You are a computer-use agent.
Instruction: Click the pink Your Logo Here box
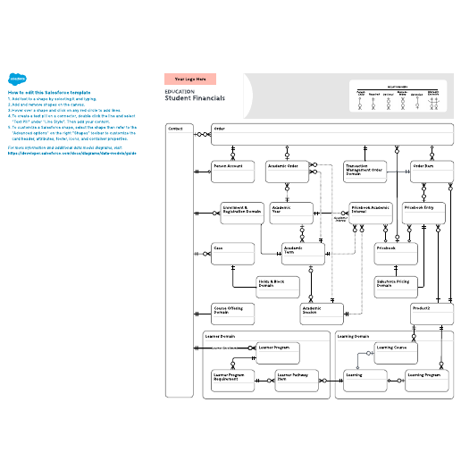point(196,80)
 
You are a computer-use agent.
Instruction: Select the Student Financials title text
point(195,97)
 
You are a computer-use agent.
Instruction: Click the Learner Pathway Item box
point(298,381)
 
